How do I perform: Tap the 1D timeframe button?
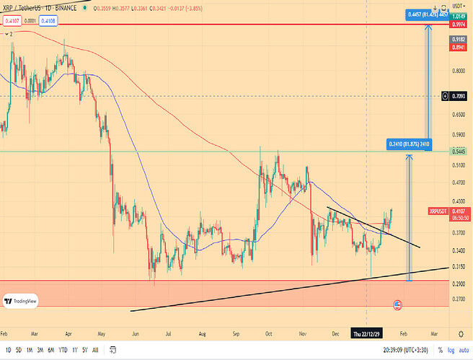click(9, 349)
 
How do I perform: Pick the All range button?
click(95, 349)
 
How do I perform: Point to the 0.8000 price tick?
click(457, 71)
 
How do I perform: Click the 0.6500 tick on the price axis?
click(457, 114)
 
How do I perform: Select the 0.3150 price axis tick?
click(457, 266)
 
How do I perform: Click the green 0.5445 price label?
click(459, 152)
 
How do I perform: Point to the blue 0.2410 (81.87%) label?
click(409, 144)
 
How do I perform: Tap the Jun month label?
click(136, 335)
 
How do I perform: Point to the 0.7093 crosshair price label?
click(459, 96)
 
